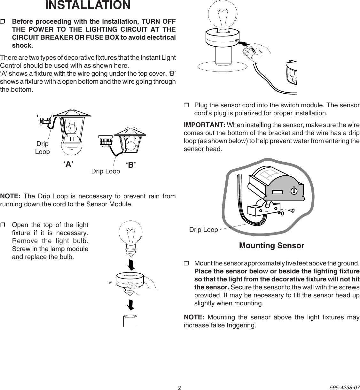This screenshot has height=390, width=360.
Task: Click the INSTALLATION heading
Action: point(88,5)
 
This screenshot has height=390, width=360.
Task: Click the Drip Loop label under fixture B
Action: point(106,171)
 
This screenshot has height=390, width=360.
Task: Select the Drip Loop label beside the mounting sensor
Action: point(203,230)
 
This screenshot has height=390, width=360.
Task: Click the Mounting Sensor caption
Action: point(271,246)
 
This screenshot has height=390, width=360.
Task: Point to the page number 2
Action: point(180,388)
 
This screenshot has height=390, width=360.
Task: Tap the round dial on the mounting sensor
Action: point(294,191)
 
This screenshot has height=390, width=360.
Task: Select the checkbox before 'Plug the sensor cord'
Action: point(186,105)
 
